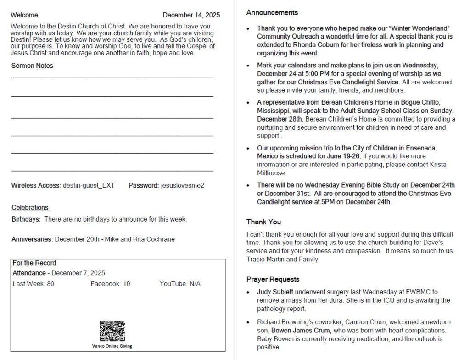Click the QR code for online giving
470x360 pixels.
[x=112, y=331]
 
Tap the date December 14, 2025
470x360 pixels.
[x=191, y=15]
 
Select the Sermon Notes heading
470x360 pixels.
[x=32, y=66]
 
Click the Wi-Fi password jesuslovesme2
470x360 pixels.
[x=182, y=186]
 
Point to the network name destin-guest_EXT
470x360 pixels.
[x=89, y=186]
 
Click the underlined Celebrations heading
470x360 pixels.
[x=30, y=207]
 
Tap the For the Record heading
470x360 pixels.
[x=34, y=263]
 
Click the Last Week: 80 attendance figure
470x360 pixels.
[x=34, y=284]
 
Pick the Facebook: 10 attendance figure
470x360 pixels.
[x=110, y=284]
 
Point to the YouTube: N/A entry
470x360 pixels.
[x=180, y=284]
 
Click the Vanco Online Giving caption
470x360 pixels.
[x=112, y=346]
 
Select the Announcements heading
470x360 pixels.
[x=272, y=13]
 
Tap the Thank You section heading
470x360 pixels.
[x=263, y=222]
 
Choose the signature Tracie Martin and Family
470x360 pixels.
[x=282, y=260]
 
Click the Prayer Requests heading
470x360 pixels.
[x=273, y=279]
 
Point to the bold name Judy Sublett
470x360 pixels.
[x=275, y=292]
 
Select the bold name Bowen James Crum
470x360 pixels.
[x=301, y=330]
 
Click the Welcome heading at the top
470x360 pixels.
[x=25, y=15]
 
